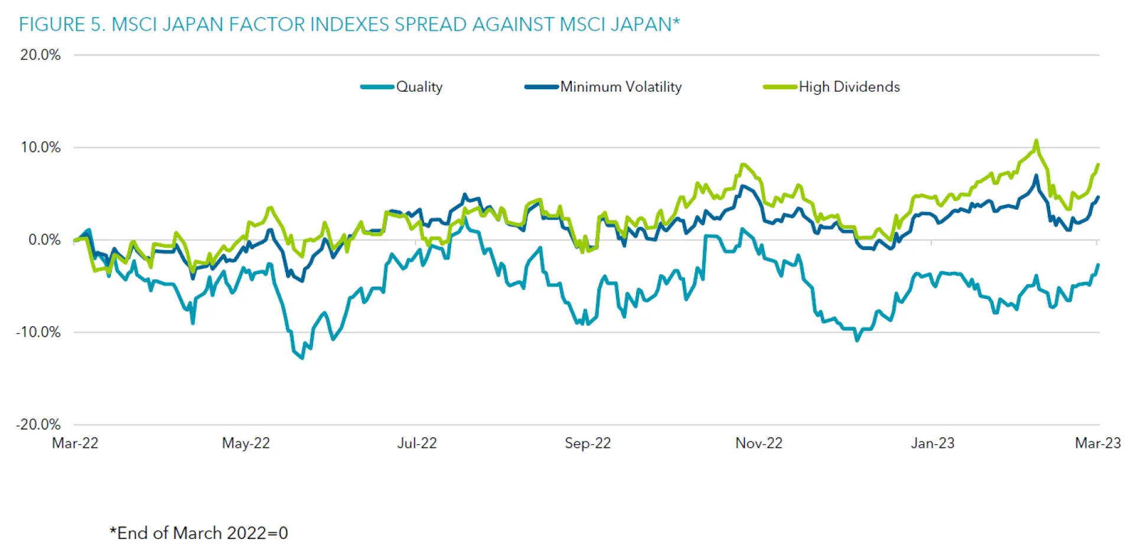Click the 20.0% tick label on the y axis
[x=40, y=55]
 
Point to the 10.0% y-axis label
[x=40, y=147]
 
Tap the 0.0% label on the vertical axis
[x=44, y=240]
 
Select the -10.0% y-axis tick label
[x=38, y=332]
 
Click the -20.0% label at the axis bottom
[x=38, y=424]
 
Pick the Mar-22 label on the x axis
[x=75, y=443]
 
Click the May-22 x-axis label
[x=246, y=443]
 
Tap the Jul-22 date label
[x=417, y=443]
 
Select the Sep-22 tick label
[x=588, y=443]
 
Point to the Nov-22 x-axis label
[x=759, y=443]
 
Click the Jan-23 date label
[x=933, y=443]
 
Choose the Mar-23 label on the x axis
[x=1097, y=443]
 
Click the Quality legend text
[x=419, y=87]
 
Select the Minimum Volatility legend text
[x=621, y=87]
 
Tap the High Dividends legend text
[x=849, y=87]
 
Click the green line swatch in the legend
[x=780, y=87]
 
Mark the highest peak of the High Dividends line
[x=1036, y=141]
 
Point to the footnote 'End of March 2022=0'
[x=199, y=533]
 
